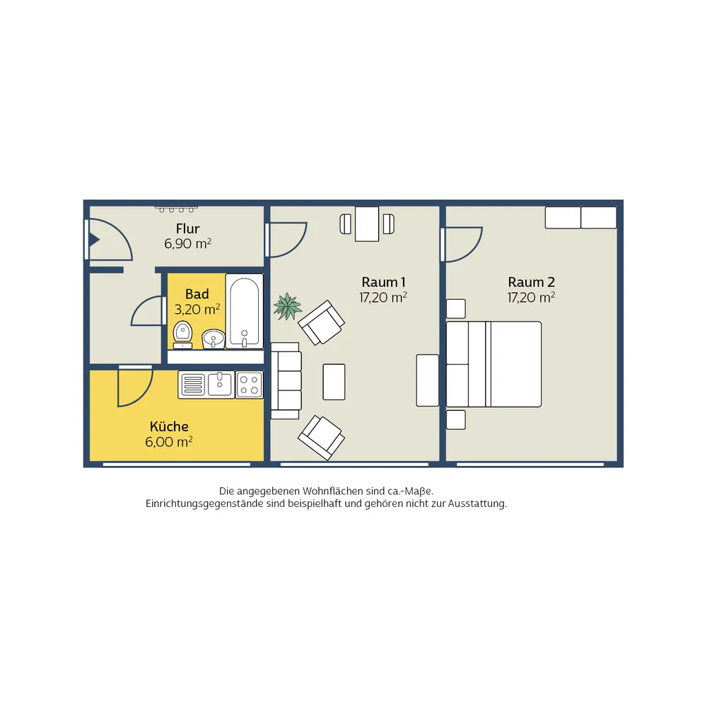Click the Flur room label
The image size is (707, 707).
[187, 228]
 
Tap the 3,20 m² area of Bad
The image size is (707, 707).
[197, 310]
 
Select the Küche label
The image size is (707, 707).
[169, 426]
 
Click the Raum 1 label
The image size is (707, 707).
[383, 282]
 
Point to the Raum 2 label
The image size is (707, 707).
[531, 282]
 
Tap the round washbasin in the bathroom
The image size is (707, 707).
[214, 339]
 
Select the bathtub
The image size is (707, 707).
[245, 310]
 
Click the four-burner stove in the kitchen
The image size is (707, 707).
[250, 385]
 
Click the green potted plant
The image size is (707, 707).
[287, 306]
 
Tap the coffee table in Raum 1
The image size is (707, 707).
[334, 382]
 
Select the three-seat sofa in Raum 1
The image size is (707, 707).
[286, 381]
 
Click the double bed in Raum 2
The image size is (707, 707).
[493, 364]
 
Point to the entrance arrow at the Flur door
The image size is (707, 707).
[94, 240]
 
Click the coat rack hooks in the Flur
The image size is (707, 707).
[176, 209]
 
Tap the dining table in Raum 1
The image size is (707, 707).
[367, 224]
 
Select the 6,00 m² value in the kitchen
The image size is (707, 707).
[169, 442]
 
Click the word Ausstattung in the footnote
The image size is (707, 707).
[477, 503]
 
